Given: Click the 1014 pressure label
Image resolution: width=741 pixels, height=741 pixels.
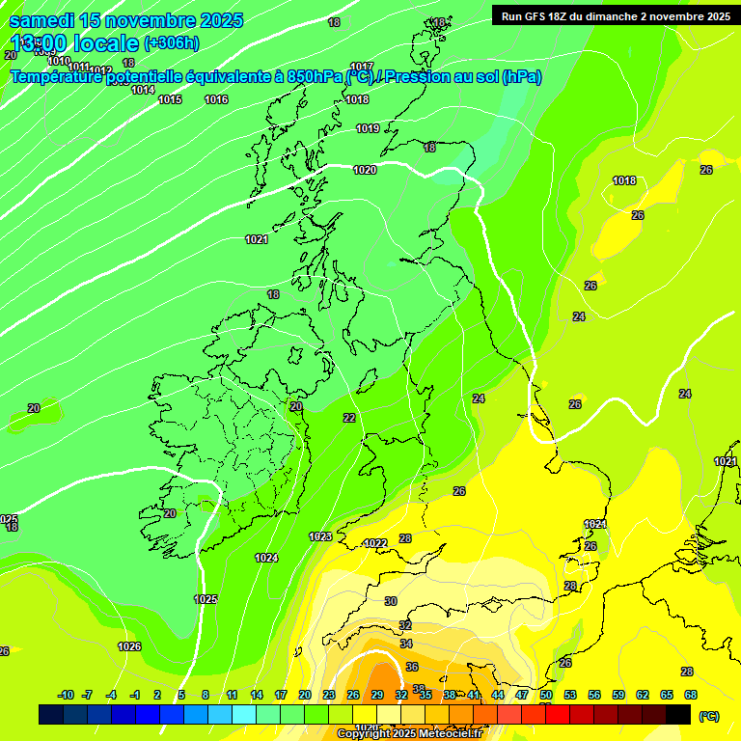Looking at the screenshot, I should [144, 90].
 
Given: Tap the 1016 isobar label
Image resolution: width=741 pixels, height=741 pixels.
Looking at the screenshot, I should [216, 99].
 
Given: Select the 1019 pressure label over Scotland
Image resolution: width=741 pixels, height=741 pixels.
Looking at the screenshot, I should [368, 128].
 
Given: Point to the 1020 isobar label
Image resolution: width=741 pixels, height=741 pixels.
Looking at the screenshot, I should [365, 170].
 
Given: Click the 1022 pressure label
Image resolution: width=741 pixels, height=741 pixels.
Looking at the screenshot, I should [375, 543].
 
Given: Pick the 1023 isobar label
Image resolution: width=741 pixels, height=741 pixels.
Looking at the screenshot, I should [320, 536].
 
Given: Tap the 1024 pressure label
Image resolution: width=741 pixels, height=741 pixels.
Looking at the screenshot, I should [266, 558].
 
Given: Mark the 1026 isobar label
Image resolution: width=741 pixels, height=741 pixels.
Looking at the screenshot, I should [129, 646].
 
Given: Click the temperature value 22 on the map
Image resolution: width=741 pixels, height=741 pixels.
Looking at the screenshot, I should [349, 418].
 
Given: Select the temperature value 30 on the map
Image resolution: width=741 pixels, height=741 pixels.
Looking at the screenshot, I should [390, 601].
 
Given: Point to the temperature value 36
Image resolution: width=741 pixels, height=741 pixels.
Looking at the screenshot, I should [412, 667].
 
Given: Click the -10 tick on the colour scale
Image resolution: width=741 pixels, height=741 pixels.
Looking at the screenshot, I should [67, 695].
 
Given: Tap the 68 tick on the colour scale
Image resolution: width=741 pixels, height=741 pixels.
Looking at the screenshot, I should [691, 695].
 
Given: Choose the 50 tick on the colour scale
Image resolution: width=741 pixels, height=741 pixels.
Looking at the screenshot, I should [546, 695].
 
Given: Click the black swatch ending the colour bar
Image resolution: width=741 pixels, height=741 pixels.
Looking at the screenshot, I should [678, 714].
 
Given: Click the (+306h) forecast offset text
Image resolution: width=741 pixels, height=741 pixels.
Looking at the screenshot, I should [172, 42].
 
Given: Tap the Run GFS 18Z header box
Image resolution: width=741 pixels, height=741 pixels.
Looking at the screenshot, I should [616, 15].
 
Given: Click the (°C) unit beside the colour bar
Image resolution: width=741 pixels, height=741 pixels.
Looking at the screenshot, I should [709, 716].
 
